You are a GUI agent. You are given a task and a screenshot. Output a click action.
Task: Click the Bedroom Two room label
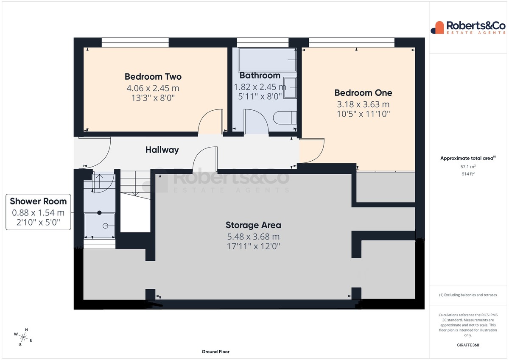(x=153, y=77)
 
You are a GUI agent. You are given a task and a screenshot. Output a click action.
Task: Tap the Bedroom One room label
(x=363, y=93)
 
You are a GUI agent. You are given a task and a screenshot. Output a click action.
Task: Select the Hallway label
(x=162, y=150)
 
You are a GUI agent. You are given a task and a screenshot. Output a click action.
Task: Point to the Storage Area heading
(x=253, y=225)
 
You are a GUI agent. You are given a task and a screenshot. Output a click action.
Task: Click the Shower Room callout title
(x=38, y=201)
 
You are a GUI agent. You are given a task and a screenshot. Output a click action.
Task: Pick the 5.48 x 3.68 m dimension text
(x=253, y=237)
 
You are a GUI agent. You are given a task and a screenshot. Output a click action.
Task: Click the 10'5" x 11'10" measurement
(x=363, y=114)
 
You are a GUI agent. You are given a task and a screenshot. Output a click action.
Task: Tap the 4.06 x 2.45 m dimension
(x=153, y=88)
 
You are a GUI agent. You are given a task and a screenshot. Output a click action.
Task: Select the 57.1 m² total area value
(x=468, y=167)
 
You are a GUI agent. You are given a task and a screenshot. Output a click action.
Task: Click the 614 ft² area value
(x=468, y=174)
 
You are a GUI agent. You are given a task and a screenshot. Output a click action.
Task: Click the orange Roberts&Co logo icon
(x=437, y=28)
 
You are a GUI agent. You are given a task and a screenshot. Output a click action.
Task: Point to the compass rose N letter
(x=26, y=330)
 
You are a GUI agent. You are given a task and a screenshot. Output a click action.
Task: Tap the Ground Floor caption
(x=215, y=352)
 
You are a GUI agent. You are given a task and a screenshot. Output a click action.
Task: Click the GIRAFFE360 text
(x=468, y=345)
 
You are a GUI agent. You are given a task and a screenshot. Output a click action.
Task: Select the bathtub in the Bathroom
(x=267, y=60)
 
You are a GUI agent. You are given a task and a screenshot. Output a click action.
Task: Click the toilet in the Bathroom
(x=285, y=117)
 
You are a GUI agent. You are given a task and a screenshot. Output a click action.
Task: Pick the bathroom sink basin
(x=290, y=88)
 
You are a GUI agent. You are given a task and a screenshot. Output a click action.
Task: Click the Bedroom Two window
(x=135, y=42)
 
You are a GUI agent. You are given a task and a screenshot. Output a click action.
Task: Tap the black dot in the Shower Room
(x=99, y=213)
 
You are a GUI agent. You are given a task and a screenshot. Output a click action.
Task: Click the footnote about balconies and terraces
(x=468, y=295)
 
